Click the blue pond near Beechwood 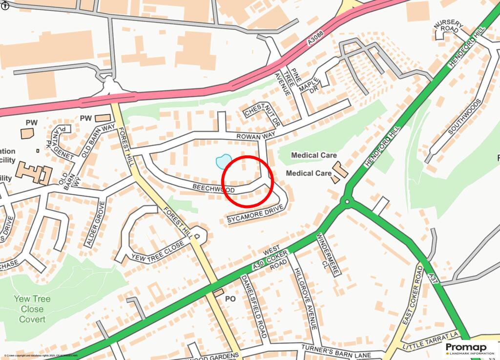[223, 161]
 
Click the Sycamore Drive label [255, 215]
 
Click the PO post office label [230, 298]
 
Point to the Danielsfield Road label [254, 306]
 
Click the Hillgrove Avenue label [306, 298]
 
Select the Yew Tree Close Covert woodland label [32, 309]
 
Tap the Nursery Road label [447, 29]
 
